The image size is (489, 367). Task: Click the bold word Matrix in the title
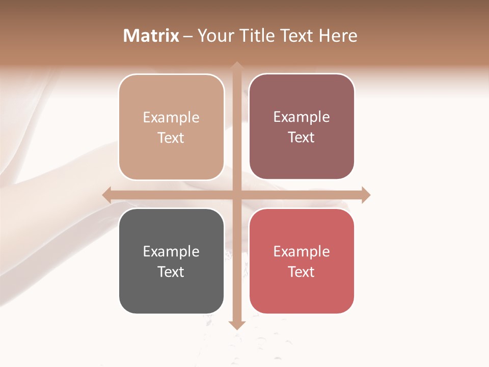[x=151, y=36]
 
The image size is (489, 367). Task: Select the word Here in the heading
[x=338, y=36]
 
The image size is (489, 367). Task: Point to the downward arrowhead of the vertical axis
[x=237, y=325]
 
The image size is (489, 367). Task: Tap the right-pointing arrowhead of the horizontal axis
[x=366, y=195]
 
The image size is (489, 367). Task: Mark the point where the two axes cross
[x=237, y=195]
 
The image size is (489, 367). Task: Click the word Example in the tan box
[x=171, y=118]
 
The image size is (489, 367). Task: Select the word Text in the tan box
[x=171, y=138]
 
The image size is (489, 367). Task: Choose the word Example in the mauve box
[x=302, y=117]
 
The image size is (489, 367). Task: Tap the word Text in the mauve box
[x=302, y=138]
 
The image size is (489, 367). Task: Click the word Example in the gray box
[x=171, y=252]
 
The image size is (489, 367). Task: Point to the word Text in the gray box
[x=171, y=272]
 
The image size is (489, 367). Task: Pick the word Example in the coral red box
[x=302, y=252]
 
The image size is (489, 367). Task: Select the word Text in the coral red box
[x=302, y=272]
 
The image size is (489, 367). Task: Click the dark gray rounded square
[x=171, y=296]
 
